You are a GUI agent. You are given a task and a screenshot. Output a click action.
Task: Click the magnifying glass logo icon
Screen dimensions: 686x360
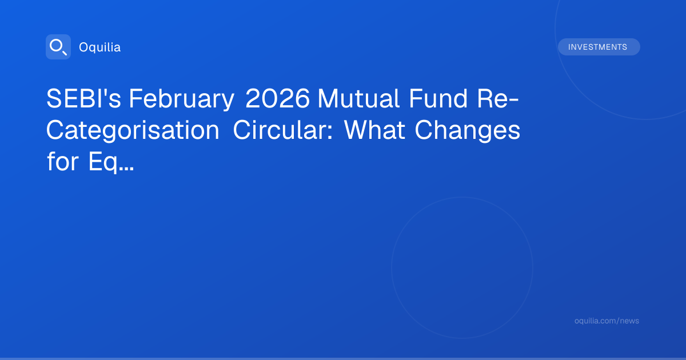[58, 47]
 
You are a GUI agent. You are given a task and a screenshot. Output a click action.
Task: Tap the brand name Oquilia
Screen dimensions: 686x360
[100, 47]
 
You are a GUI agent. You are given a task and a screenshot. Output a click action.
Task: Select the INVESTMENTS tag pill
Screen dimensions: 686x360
[599, 47]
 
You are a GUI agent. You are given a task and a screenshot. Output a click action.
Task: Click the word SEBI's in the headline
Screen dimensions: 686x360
[83, 98]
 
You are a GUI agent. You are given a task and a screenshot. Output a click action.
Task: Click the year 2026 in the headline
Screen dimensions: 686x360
[277, 98]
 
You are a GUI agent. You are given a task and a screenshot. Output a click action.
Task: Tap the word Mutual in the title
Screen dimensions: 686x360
[358, 98]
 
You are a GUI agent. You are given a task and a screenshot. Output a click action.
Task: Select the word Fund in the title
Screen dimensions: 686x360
[438, 98]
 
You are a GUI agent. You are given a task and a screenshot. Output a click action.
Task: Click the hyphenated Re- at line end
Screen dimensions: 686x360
[498, 98]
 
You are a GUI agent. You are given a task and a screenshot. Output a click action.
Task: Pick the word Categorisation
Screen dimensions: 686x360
[133, 131]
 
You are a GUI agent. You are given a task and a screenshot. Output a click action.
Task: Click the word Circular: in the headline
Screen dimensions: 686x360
[282, 130]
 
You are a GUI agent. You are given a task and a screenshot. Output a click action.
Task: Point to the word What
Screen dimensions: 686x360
[374, 130]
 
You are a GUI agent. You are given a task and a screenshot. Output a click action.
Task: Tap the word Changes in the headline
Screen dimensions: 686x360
[468, 131]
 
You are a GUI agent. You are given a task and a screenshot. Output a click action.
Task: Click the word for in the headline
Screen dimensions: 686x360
[62, 161]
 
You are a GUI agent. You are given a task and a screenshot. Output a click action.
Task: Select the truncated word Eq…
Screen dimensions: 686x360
[111, 162]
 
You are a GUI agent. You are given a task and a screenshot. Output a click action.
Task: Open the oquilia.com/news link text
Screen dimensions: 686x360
[607, 321]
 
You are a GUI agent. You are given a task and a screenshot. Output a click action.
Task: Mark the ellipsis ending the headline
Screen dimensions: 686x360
[126, 169]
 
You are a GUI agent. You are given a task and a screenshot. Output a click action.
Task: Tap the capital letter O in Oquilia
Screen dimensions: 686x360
[83, 47]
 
